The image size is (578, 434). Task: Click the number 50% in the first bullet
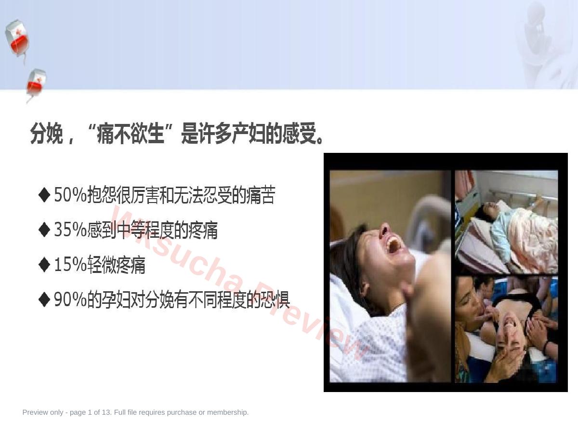pos(70,195)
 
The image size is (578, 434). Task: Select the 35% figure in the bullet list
pos(70,230)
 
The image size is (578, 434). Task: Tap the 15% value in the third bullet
pos(70,265)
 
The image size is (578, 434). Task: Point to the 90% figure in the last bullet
pos(70,299)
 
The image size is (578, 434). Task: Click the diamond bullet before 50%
pos(44,195)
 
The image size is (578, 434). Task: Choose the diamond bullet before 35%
pos(44,230)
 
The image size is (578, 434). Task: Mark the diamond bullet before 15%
pos(44,265)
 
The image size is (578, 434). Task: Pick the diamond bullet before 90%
pos(44,299)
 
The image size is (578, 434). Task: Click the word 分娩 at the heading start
pos(47,134)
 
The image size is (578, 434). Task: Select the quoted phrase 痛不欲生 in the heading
pos(131,134)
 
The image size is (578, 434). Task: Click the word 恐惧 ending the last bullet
pos(275,299)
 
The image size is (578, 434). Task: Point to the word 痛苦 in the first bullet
pos(261,195)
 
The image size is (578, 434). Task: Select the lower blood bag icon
pos(36,85)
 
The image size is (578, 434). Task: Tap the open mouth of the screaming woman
pos(393,245)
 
